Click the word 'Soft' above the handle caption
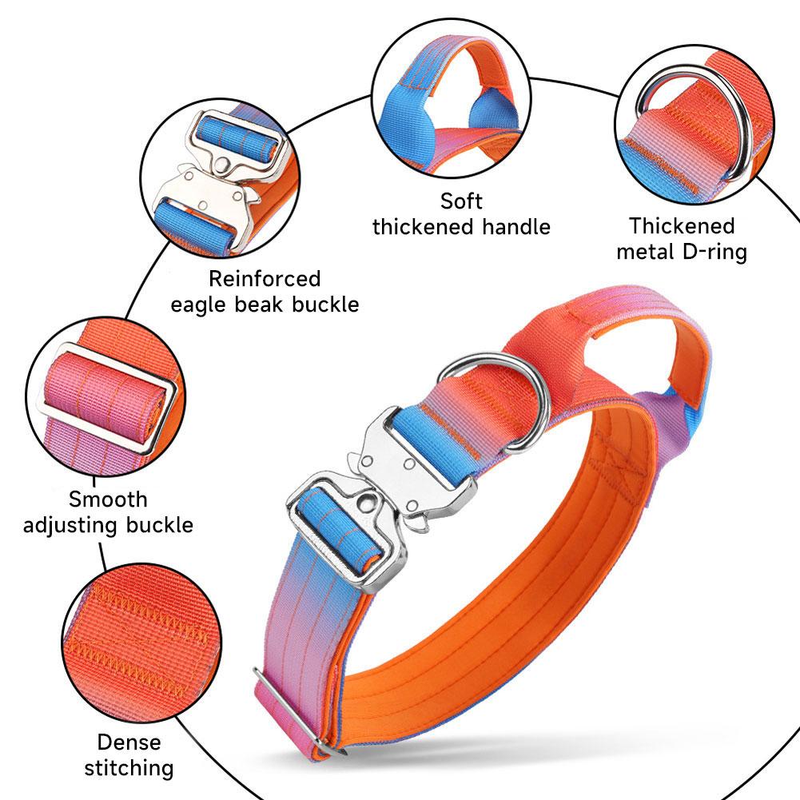pos(461,201)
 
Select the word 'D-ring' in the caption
pos(714,252)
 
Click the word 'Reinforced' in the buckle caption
pos(265,279)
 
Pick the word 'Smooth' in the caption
pos(108,499)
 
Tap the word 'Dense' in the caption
pos(129,742)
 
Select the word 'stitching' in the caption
pos(129,768)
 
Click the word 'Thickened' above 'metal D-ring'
pos(682,225)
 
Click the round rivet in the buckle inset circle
pos(222,165)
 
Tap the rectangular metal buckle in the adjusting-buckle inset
pos(109,399)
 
